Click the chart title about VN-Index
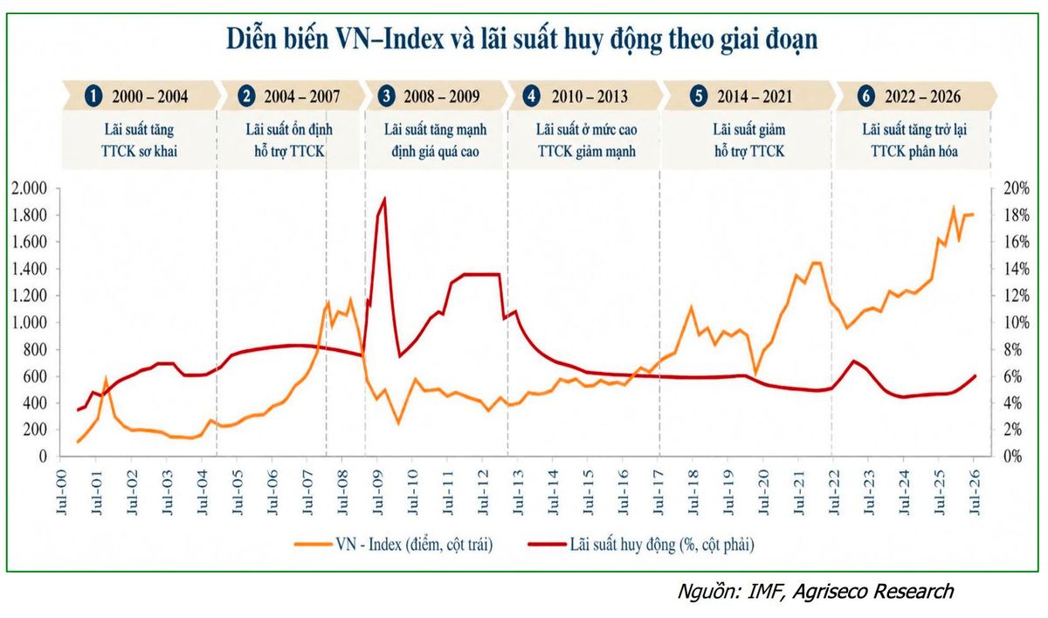[x=522, y=39]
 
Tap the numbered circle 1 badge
[x=93, y=96]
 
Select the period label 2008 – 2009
[x=442, y=96]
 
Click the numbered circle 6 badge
[x=866, y=96]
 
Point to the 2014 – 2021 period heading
[x=755, y=96]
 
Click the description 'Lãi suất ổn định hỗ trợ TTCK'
[x=289, y=141]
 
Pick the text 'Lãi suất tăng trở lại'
[x=914, y=129]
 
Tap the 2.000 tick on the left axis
[x=29, y=189]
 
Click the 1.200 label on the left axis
[x=29, y=296]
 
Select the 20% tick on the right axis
[x=1017, y=189]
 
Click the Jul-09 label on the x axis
[x=377, y=491]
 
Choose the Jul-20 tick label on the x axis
[x=763, y=491]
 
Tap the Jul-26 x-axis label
[x=974, y=491]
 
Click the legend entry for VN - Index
[x=394, y=545]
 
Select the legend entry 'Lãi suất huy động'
[x=641, y=545]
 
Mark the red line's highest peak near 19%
[x=384, y=198]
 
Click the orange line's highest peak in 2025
[x=953, y=208]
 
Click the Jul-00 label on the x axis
[x=62, y=491]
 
